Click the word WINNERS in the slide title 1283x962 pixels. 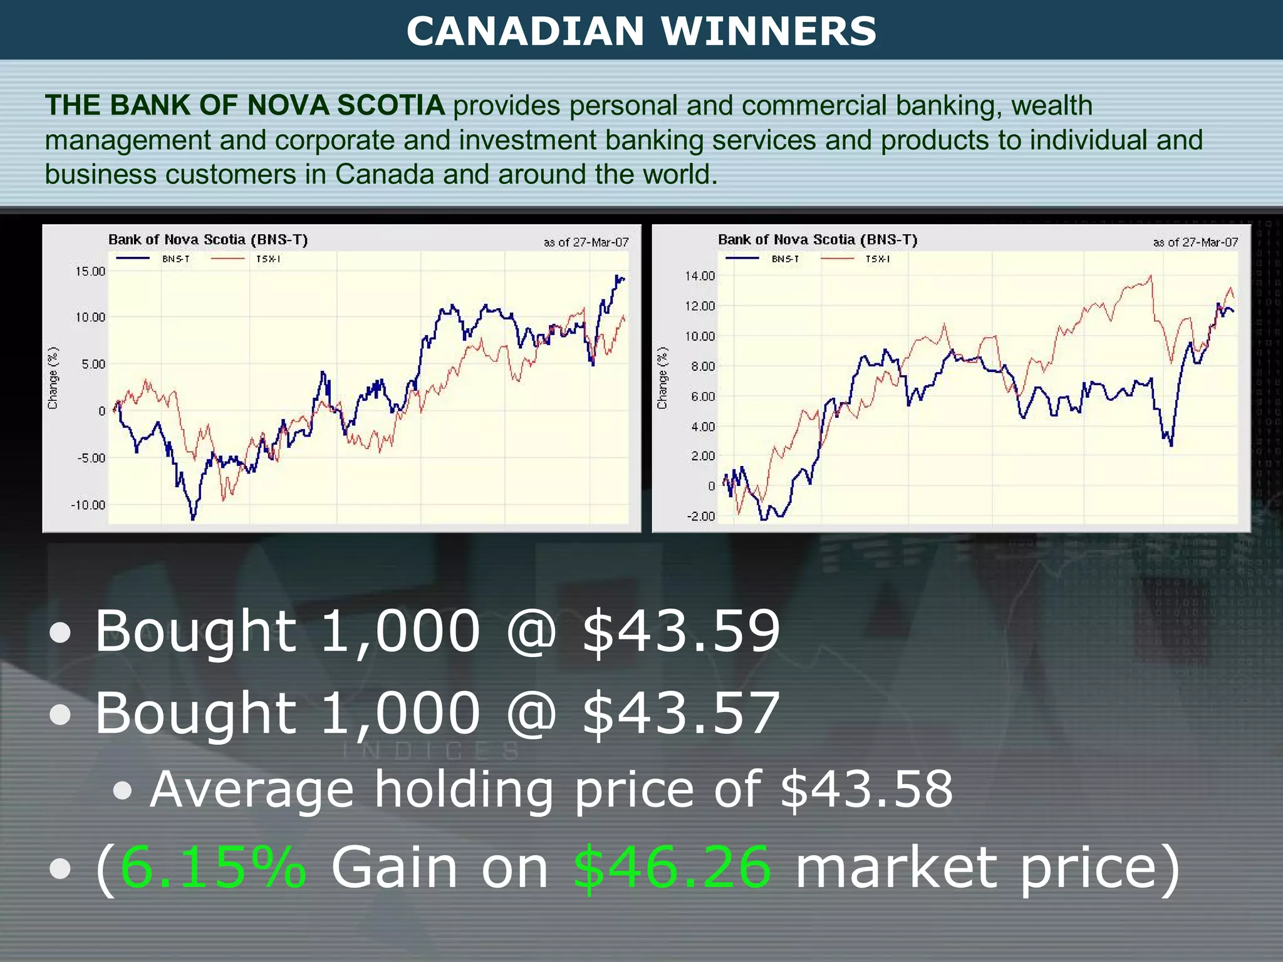769,31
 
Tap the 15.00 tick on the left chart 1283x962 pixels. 90,271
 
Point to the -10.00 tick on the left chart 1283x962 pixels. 88,505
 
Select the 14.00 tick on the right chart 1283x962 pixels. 700,276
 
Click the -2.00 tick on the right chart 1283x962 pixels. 701,516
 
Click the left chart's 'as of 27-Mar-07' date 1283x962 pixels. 586,242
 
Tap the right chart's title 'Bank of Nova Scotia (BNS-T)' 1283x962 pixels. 818,239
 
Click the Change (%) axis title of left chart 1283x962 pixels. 53,378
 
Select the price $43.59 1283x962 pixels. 682,631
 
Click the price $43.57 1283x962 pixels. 682,713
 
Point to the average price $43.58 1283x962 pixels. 866,789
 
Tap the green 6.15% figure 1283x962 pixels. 213,867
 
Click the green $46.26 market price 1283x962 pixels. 672,867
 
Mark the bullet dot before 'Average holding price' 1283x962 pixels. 123,791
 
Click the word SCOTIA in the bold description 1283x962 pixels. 391,105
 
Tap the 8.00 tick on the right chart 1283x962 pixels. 703,366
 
